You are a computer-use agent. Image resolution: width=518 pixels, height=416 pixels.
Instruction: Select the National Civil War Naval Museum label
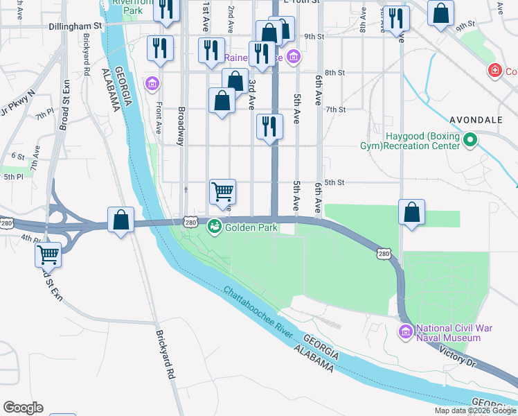point(448,333)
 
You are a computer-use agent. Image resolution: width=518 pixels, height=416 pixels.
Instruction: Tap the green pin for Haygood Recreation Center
point(470,141)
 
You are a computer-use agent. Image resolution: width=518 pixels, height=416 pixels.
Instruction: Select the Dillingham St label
point(75,26)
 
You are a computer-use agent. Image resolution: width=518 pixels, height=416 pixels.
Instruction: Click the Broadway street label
point(181,125)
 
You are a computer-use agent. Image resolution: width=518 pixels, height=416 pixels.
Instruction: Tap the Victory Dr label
point(456,356)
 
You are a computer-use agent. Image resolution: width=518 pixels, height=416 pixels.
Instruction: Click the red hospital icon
point(494,71)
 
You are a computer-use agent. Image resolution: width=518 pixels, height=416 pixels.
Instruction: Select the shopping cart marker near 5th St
point(223,191)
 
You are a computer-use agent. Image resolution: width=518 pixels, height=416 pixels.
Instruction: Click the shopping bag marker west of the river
point(121,219)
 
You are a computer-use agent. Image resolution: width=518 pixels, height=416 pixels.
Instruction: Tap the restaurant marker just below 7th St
point(269,126)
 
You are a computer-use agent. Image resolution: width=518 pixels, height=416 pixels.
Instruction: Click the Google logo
point(23,408)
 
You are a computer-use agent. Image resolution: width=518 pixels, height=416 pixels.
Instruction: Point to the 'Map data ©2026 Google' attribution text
point(475,410)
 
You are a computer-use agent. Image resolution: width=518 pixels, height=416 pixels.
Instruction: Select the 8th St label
point(334,73)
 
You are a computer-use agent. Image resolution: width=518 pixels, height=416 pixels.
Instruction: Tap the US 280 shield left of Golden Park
point(190,223)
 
